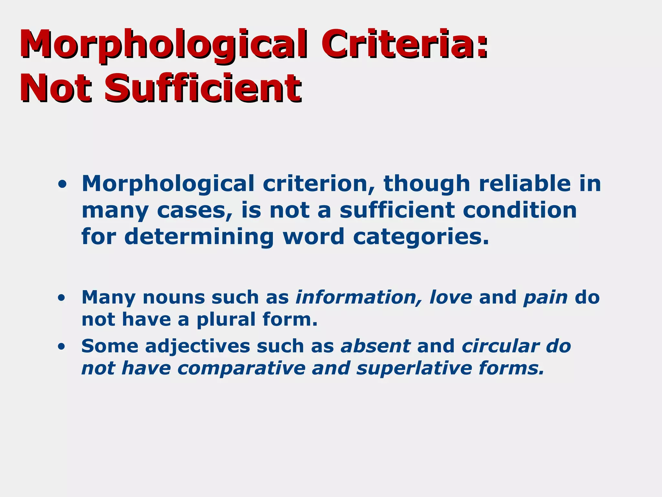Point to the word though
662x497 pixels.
[x=427, y=184]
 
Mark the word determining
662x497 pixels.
[x=199, y=237]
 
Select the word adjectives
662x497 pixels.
[x=198, y=346]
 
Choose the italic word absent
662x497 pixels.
[x=376, y=346]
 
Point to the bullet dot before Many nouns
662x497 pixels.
[x=61, y=298]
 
